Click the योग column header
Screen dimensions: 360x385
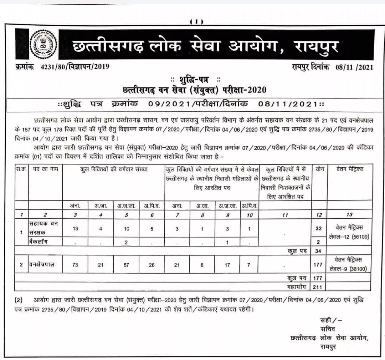(x=319, y=169)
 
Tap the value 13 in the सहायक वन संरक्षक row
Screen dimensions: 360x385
(x=75, y=229)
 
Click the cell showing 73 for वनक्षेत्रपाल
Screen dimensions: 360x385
(x=75, y=264)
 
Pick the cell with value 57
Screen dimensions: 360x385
(x=127, y=264)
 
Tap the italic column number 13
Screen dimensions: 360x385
(x=349, y=215)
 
